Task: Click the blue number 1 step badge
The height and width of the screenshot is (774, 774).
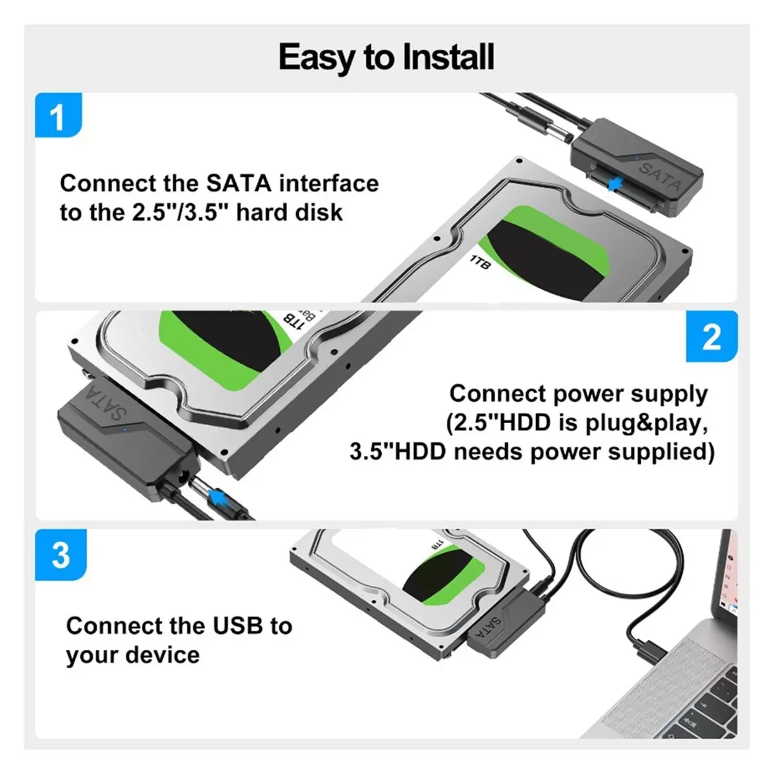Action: point(59,115)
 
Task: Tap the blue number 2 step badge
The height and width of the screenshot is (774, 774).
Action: point(711,337)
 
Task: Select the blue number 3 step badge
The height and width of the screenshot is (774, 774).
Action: point(61,555)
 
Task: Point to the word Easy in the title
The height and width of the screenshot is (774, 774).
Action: point(315,58)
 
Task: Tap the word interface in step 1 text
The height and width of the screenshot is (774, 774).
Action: point(329,183)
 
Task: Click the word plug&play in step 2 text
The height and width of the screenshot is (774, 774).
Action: point(646,424)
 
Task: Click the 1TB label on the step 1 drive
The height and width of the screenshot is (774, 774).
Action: point(481,261)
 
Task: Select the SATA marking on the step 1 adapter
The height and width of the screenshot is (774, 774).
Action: point(660,176)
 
